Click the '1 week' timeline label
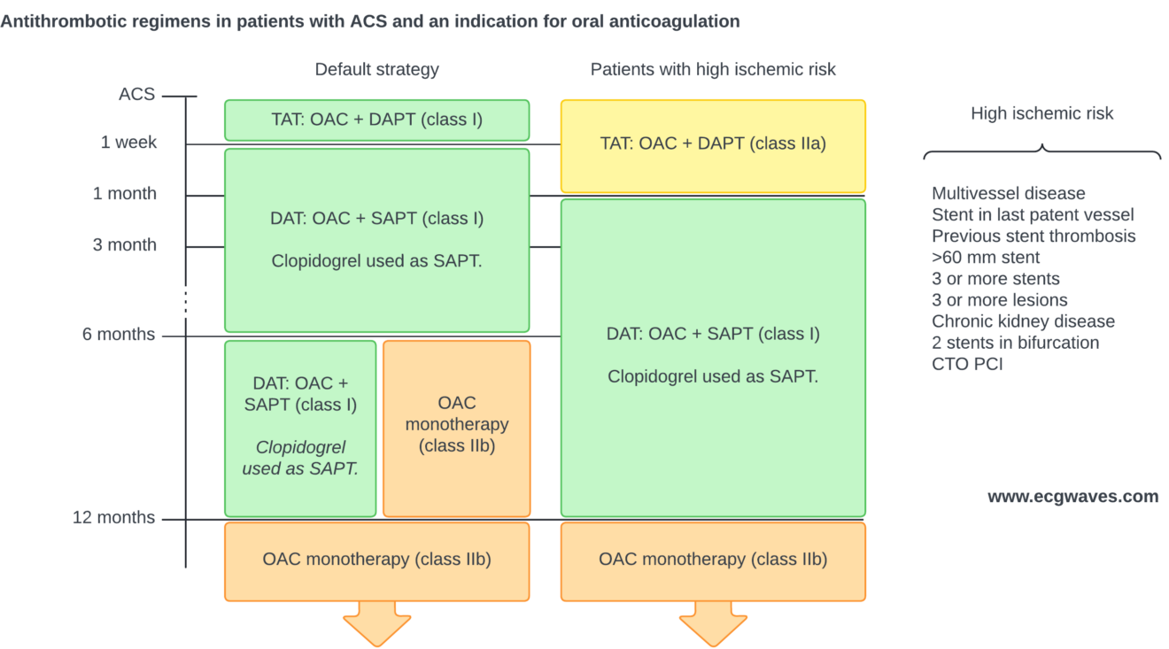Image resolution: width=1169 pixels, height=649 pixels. pyautogui.click(x=128, y=143)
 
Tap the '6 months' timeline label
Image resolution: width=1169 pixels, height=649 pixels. pyautogui.click(x=119, y=335)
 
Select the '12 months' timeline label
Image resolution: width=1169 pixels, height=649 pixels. pyautogui.click(x=113, y=518)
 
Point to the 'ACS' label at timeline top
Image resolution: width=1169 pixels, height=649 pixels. pyautogui.click(x=137, y=95)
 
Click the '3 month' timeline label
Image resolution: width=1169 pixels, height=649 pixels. pyautogui.click(x=125, y=245)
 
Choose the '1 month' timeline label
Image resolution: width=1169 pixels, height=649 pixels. pyautogui.click(x=125, y=194)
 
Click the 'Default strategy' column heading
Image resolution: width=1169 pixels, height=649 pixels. pyautogui.click(x=376, y=69)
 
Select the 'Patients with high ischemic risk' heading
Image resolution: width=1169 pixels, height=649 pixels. pyautogui.click(x=713, y=69)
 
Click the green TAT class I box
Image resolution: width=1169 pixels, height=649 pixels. pyautogui.click(x=376, y=120)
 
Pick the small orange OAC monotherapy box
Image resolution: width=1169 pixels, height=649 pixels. pyautogui.click(x=456, y=428)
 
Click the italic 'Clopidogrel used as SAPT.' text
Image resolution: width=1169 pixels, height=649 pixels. pyautogui.click(x=300, y=459)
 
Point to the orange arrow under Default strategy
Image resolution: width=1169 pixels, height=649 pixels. pyautogui.click(x=376, y=623)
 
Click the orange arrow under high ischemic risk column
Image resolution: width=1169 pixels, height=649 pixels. pyautogui.click(x=713, y=623)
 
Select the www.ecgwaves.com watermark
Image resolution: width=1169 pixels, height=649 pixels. pyautogui.click(x=1072, y=497)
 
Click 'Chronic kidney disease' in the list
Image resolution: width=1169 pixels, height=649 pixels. pyautogui.click(x=1023, y=321)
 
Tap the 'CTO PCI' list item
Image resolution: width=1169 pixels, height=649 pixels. pyautogui.click(x=967, y=364)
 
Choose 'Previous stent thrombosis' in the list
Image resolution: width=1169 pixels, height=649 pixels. pyautogui.click(x=1034, y=236)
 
